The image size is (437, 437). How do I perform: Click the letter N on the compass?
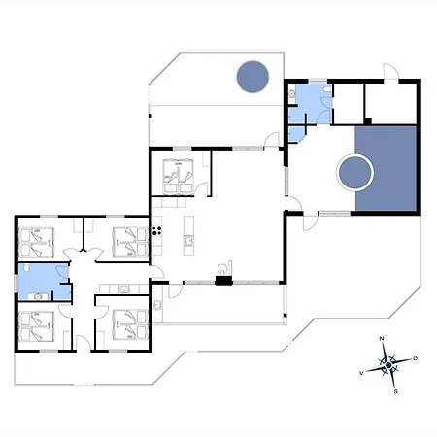(x=382, y=339)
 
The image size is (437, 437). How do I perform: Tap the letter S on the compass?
(x=395, y=391)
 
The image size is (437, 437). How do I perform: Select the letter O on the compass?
(x=415, y=358)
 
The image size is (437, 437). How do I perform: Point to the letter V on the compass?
(x=361, y=373)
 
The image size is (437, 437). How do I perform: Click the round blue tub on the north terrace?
(x=252, y=77)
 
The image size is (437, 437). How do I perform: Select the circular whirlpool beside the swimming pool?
(x=355, y=173)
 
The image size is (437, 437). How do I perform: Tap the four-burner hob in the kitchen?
(x=157, y=231)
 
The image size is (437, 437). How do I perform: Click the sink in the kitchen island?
(x=188, y=241)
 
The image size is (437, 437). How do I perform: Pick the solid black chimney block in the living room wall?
(x=223, y=280)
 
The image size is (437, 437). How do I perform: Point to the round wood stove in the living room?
(x=222, y=268)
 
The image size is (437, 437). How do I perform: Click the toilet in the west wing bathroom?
(x=26, y=268)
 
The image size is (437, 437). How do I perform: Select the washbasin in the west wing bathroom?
(x=38, y=296)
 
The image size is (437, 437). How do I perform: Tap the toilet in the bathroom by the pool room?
(x=327, y=89)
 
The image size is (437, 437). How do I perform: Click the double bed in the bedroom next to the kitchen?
(x=178, y=177)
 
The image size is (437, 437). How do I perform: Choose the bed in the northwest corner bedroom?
(x=36, y=243)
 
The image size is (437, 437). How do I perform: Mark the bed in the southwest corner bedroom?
(x=36, y=326)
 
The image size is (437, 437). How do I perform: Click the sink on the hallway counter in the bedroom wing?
(x=124, y=288)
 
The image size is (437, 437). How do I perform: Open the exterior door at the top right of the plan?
(x=390, y=72)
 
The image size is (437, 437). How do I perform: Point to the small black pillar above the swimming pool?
(x=367, y=121)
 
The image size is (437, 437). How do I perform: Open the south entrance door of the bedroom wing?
(x=84, y=344)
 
